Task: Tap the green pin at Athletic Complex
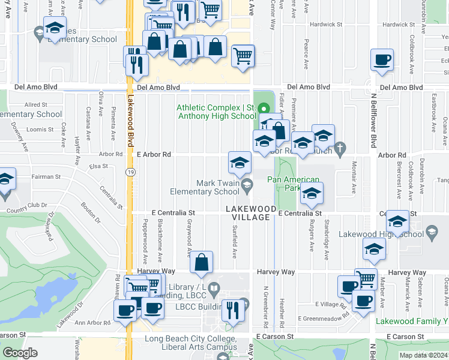pos(264,109)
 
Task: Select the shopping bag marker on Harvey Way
pos(201,262)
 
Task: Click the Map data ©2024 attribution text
pos(423,355)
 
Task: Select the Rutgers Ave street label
pos(312,236)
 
